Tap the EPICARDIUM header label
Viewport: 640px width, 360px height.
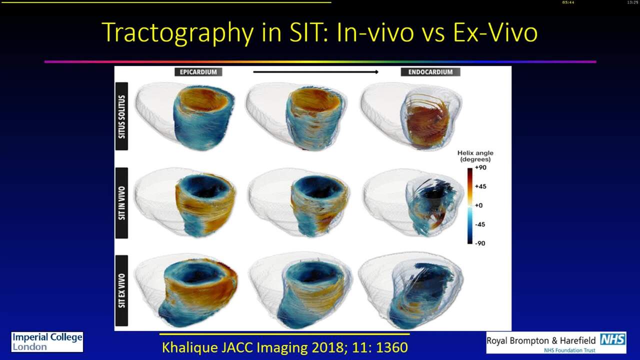[x=198, y=72]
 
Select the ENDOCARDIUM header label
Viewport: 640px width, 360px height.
[x=430, y=72]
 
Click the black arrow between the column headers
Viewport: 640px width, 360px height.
[x=315, y=72]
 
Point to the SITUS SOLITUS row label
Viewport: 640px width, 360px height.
[x=121, y=116]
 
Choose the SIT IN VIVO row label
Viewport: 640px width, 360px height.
[x=121, y=203]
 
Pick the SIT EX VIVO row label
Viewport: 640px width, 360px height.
[x=121, y=290]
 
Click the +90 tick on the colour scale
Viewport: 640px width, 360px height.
[x=480, y=167]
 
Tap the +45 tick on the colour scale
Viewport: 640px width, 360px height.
[x=480, y=186]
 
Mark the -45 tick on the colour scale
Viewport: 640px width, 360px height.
[x=480, y=224]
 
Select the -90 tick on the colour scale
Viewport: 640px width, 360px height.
[x=480, y=243]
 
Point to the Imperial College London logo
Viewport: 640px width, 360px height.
[x=47, y=342]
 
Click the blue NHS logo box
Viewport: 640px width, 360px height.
[x=612, y=339]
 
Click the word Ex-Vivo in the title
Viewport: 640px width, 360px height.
[x=495, y=32]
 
